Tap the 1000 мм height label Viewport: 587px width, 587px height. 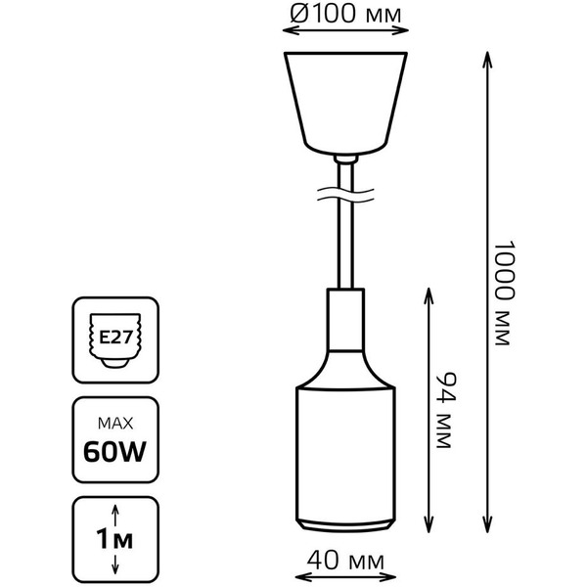[502, 294]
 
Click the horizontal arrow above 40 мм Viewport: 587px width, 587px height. [341, 545]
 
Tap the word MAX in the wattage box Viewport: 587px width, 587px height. [116, 423]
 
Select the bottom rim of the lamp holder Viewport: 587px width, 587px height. [341, 526]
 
